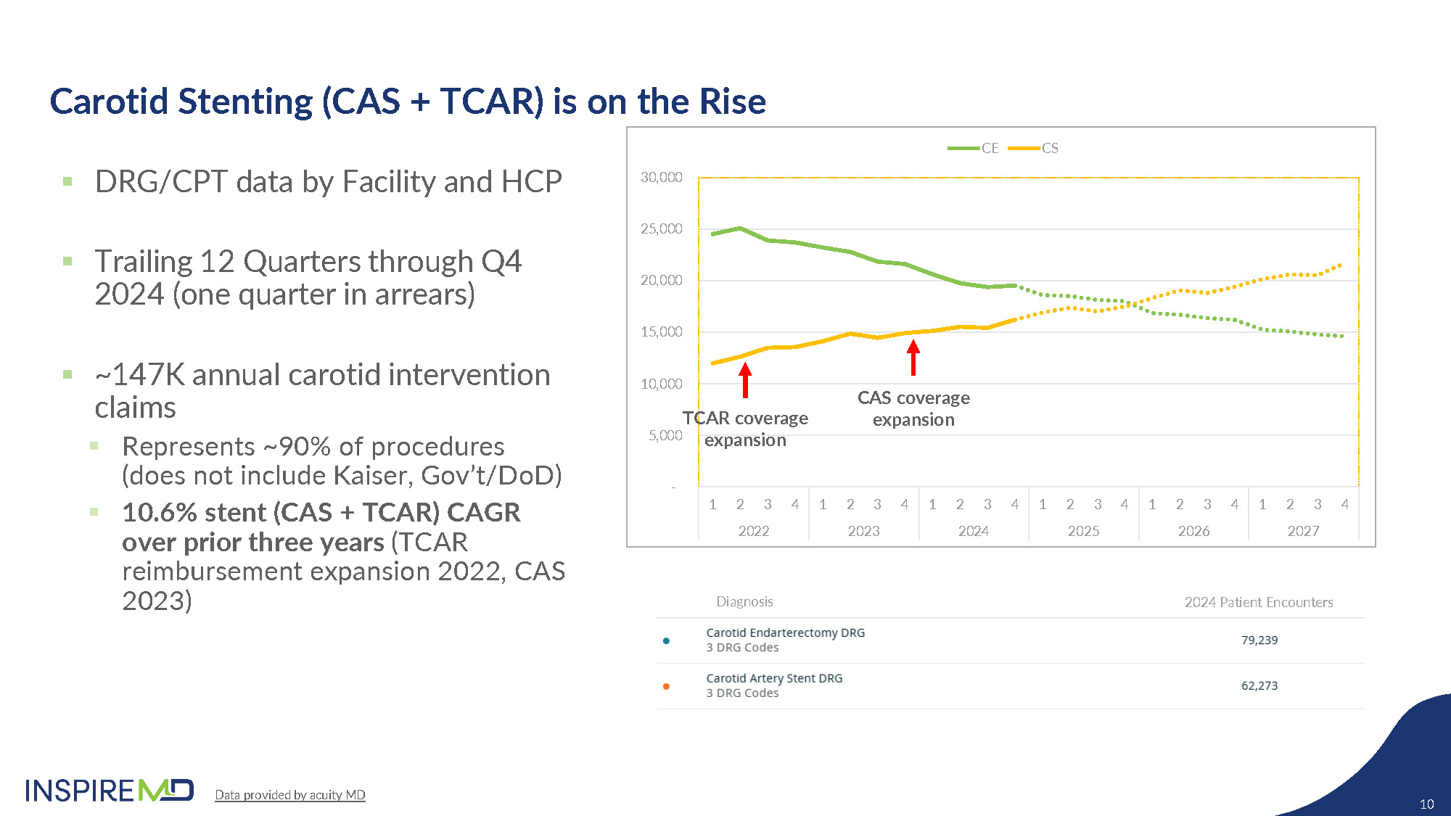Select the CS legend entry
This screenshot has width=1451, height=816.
click(x=1034, y=148)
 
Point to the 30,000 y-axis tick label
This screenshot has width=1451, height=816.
click(x=661, y=177)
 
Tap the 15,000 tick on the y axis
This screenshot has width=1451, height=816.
click(x=661, y=331)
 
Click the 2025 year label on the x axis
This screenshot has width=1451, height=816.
click(x=1083, y=531)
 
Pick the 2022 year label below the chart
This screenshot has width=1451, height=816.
click(x=754, y=531)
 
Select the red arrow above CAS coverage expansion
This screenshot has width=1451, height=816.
click(x=913, y=358)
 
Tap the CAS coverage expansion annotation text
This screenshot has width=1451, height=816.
click(x=913, y=408)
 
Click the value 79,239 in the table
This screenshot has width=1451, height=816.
click(x=1259, y=640)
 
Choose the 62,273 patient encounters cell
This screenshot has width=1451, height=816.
click(x=1259, y=685)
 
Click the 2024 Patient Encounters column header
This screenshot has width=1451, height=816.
click(x=1258, y=602)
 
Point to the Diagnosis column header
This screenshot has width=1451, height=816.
click(x=744, y=601)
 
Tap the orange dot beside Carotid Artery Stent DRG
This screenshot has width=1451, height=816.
click(x=666, y=686)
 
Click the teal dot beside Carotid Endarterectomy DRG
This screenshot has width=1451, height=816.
click(x=666, y=640)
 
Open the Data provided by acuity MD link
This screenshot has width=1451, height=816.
click(x=289, y=795)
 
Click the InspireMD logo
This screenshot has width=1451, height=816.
click(x=110, y=790)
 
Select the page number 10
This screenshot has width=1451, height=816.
click(x=1426, y=804)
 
